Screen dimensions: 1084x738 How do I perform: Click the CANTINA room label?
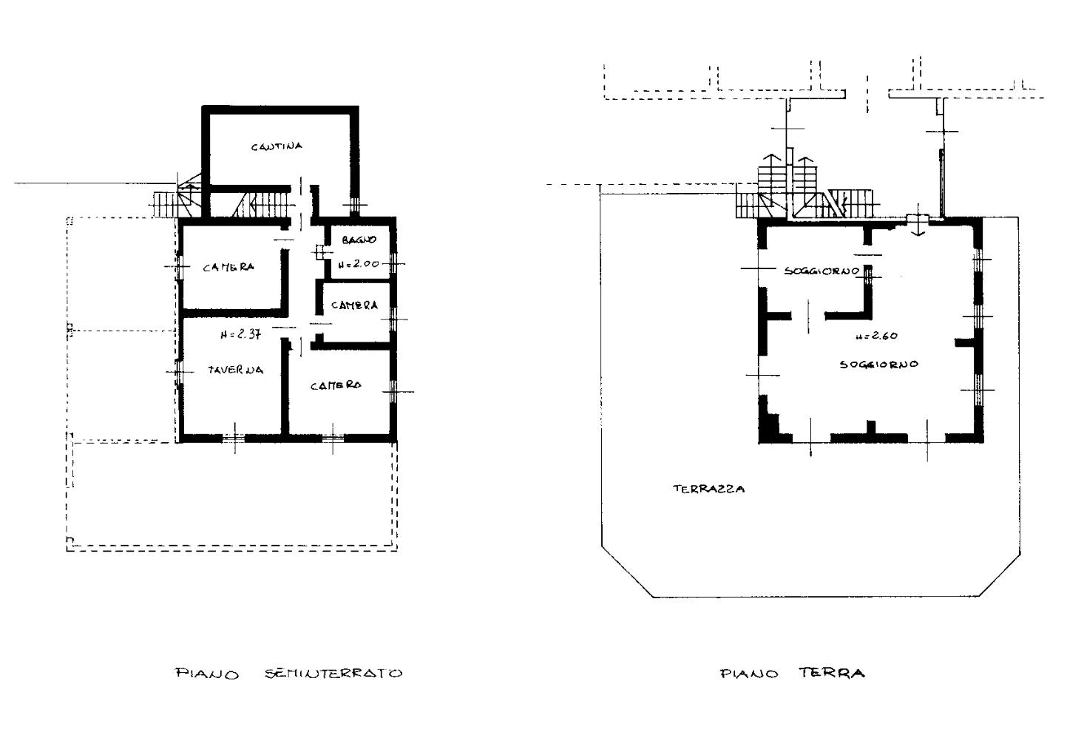[x=277, y=146]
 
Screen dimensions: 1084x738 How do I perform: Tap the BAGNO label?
[x=359, y=240]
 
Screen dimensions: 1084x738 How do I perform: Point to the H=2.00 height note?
[x=358, y=264]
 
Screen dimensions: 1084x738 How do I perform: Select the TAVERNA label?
[x=236, y=370]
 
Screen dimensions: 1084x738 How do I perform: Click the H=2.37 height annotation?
[x=240, y=334]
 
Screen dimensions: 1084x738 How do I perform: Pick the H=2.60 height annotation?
[x=876, y=336]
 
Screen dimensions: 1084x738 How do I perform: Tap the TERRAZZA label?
[x=709, y=489]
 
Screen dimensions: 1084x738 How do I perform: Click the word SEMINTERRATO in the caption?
[x=333, y=673]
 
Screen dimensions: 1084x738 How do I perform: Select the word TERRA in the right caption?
[x=831, y=673]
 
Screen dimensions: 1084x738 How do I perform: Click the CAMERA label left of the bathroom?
[x=228, y=267]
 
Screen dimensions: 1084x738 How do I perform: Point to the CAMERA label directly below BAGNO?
[x=354, y=305]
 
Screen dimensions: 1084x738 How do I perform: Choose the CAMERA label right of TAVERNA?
[x=336, y=386]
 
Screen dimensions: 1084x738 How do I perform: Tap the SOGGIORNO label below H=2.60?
[x=879, y=364]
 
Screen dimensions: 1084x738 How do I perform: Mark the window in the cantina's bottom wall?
[x=355, y=206]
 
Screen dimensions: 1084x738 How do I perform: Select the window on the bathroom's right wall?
[x=393, y=264]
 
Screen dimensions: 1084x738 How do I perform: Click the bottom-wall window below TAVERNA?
[x=234, y=438]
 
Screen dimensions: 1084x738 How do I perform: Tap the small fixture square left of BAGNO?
[x=320, y=252]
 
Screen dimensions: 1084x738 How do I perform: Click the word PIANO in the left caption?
[x=207, y=674]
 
